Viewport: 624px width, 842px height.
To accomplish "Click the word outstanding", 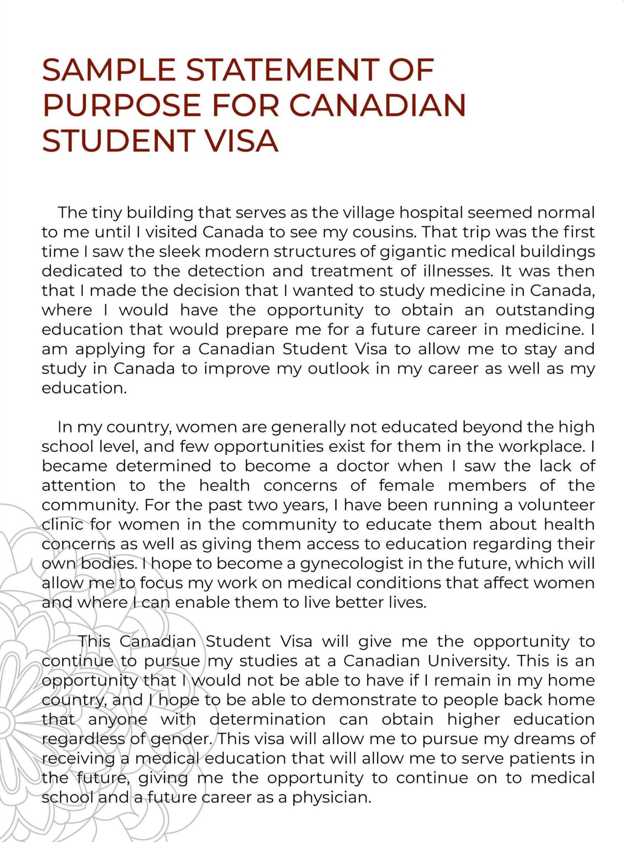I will pyautogui.click(x=545, y=310).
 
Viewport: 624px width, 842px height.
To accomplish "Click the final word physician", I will pyautogui.click(x=331, y=798).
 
